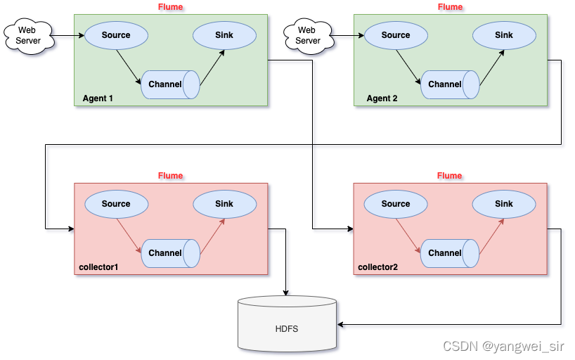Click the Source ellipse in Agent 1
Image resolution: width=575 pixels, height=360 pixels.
point(116,35)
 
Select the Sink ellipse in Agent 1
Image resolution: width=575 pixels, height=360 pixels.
point(224,35)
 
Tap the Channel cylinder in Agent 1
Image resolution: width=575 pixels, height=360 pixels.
point(171,85)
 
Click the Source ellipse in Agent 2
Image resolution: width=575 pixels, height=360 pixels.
point(396,35)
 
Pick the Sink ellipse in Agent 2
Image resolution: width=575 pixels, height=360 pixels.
point(504,35)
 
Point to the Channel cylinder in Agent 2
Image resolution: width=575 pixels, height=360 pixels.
point(451,85)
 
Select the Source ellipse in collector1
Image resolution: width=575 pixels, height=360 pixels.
point(116,204)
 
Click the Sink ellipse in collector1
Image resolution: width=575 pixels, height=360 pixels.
point(224,204)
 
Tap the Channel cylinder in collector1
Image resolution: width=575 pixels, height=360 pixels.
point(171,254)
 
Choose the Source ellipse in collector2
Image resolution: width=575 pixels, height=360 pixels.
point(396,204)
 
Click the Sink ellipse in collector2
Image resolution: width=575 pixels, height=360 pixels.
point(504,204)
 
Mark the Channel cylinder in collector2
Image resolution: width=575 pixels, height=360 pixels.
point(450,254)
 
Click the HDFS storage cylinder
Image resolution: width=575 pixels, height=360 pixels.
point(287,324)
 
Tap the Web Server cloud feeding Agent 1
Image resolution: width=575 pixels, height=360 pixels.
point(29,36)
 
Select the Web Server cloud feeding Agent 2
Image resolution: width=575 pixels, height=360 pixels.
point(309,36)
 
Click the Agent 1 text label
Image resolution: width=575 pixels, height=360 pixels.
point(98,98)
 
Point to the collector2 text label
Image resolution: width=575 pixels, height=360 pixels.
point(377,267)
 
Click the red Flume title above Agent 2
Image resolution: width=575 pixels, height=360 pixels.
point(450,7)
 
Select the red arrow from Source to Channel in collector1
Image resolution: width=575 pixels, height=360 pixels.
point(129,236)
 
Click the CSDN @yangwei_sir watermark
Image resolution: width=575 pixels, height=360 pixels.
point(503,346)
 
